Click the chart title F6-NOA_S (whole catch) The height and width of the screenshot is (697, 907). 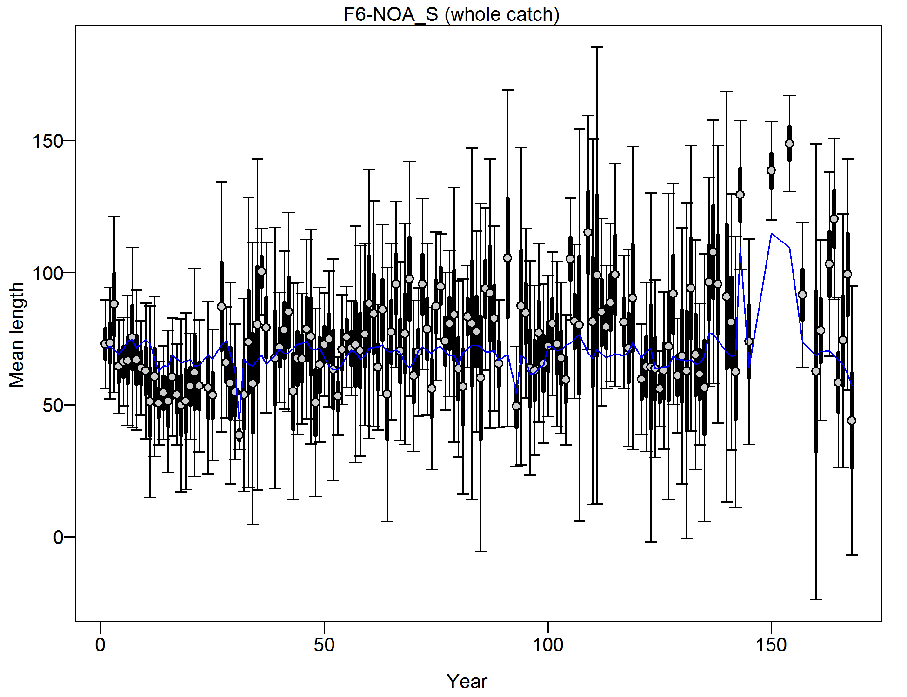tap(451, 14)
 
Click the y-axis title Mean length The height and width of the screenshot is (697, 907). tap(17, 335)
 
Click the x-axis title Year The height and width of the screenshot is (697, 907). tap(467, 682)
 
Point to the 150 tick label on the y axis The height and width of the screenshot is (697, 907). tap(47, 141)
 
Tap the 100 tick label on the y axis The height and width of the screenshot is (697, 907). tap(47, 273)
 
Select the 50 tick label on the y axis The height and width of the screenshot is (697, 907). tap(53, 405)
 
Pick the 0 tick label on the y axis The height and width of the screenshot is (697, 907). tap(58, 537)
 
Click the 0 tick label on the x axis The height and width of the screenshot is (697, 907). tap(100, 645)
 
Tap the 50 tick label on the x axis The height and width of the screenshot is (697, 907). tap(324, 645)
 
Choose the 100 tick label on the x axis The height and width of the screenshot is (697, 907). tap(548, 645)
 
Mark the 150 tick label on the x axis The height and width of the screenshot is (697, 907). tap(772, 645)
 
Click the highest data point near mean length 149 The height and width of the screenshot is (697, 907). tap(789, 144)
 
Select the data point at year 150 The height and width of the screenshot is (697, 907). tap(771, 171)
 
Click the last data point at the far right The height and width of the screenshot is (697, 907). tap(852, 421)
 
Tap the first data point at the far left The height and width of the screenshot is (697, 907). tap(105, 344)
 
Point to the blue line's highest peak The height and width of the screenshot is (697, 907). tap(772, 234)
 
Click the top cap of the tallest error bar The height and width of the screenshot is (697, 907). tap(597, 47)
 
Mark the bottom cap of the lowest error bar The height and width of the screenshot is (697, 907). tap(816, 599)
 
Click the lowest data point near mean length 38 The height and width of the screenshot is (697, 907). tap(239, 435)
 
